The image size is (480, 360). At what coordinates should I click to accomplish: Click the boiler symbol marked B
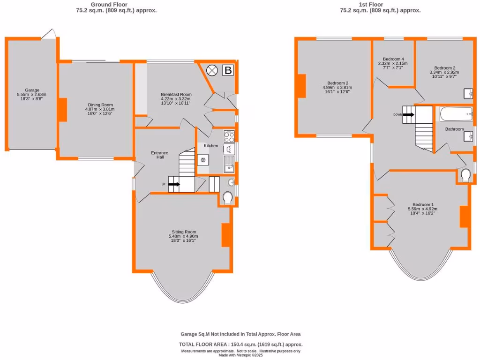[228, 71]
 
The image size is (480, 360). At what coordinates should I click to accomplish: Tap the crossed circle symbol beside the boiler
[212, 71]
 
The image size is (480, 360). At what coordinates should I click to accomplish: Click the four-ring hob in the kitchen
[229, 137]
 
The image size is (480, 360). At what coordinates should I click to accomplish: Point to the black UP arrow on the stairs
[173, 184]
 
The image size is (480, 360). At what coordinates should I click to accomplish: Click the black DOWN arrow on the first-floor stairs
[408, 114]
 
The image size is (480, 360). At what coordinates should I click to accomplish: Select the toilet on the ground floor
[228, 198]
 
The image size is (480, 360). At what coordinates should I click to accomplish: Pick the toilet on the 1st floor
[465, 175]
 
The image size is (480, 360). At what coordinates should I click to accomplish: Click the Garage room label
[32, 90]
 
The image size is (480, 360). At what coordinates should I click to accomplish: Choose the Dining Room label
[101, 105]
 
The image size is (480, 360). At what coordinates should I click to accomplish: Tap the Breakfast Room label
[176, 94]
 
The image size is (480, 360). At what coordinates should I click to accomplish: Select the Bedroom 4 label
[393, 59]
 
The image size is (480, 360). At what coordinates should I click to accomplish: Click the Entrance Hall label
[160, 155]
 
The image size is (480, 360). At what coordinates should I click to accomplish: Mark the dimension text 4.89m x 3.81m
[337, 88]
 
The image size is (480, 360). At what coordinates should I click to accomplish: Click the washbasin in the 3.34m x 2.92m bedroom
[467, 94]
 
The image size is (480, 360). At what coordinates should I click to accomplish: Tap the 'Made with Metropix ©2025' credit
[240, 355]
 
